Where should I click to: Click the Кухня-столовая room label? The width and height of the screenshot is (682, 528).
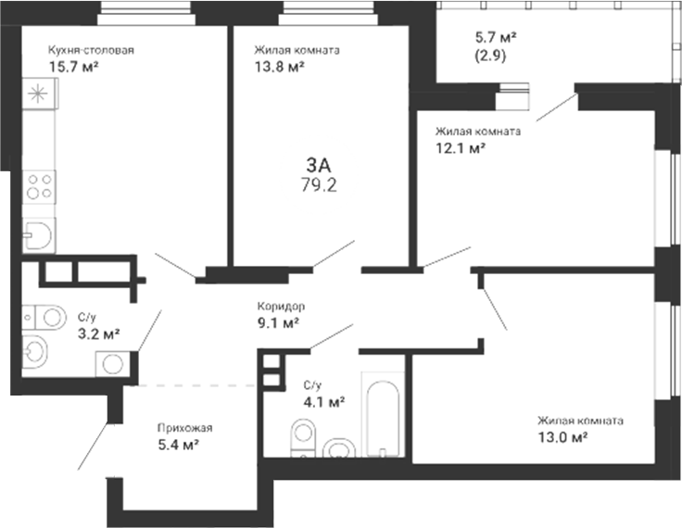(91, 50)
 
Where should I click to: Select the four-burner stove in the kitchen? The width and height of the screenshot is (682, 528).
(39, 186)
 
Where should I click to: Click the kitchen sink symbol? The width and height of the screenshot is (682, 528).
(39, 235)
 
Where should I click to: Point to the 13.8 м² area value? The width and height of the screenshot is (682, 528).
(279, 67)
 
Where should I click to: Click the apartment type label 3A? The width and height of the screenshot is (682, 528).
(319, 165)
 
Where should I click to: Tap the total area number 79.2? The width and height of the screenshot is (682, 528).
(319, 185)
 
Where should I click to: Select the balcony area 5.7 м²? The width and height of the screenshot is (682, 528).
(496, 38)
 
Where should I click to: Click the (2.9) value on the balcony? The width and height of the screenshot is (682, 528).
(490, 57)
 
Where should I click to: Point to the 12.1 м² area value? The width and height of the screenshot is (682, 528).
(461, 149)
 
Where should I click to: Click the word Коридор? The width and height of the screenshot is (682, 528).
(281, 307)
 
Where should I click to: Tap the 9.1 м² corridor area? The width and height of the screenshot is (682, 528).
(278, 323)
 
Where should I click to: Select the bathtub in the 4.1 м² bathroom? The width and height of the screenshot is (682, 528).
(383, 419)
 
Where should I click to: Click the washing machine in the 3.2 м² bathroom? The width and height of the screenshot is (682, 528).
(112, 364)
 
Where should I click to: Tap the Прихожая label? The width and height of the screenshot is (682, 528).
(184, 428)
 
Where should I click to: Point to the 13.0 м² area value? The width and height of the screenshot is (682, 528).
(563, 437)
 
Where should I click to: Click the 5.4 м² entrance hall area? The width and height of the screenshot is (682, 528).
(178, 446)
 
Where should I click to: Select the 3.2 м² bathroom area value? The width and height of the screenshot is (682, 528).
(99, 334)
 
